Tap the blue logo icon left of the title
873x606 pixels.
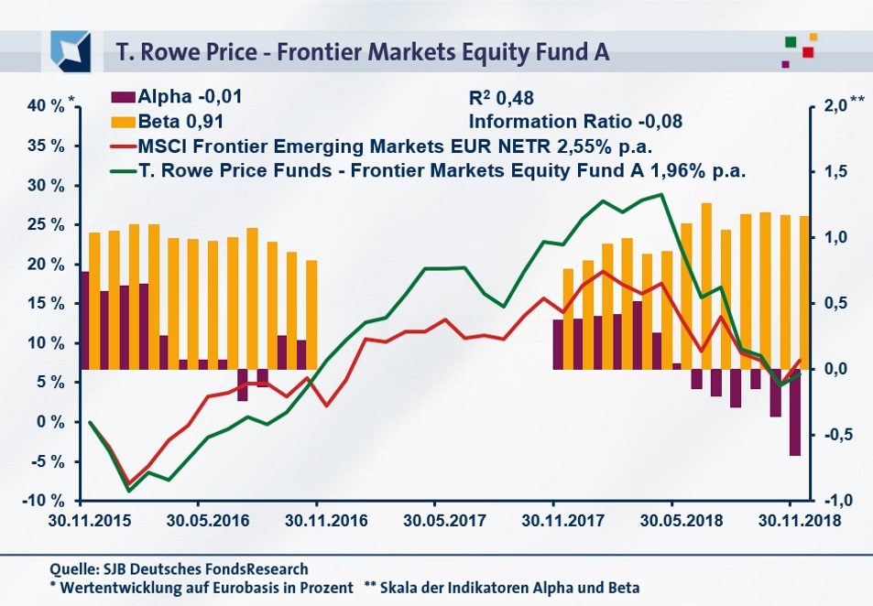71,50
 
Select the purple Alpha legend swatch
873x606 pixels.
123,96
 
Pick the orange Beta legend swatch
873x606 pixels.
123,121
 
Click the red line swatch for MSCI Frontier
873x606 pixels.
123,146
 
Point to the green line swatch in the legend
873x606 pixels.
123,170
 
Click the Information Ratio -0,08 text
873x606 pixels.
575,121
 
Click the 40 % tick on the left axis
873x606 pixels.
49,106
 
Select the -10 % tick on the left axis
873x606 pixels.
45,501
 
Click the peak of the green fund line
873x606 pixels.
661,194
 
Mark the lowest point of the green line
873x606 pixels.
129,491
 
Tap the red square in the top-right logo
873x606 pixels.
807,52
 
